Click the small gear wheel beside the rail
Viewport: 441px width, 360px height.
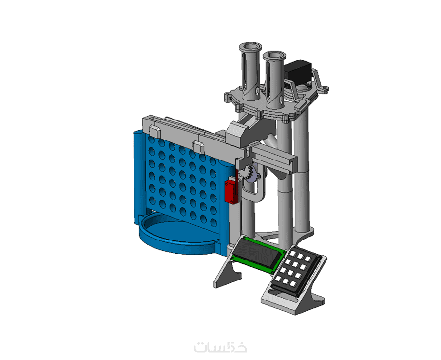[249, 173]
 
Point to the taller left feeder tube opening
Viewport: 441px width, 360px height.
[250, 47]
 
